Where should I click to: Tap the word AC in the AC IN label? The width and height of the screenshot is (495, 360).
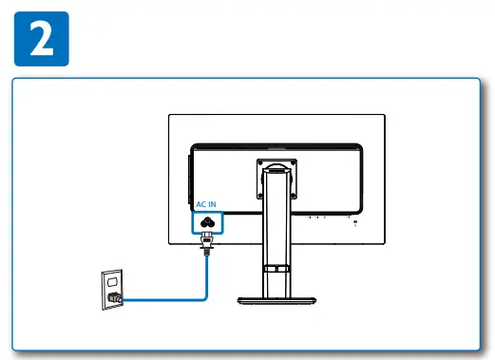tap(201, 204)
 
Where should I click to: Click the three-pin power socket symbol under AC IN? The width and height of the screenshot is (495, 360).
tap(207, 222)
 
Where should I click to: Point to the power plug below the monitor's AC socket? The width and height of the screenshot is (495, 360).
tap(205, 246)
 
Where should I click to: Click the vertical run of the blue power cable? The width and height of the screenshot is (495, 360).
tap(206, 275)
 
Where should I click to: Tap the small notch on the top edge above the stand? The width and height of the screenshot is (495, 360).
tap(275, 146)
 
